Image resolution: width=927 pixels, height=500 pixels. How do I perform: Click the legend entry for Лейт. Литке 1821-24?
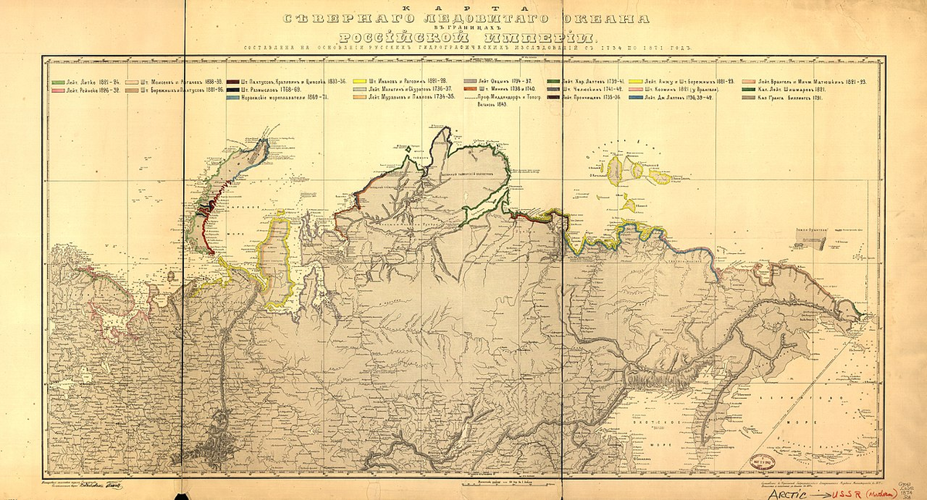[x=87, y=81]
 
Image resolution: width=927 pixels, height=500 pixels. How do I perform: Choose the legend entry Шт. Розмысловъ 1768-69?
[x=270, y=90]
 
